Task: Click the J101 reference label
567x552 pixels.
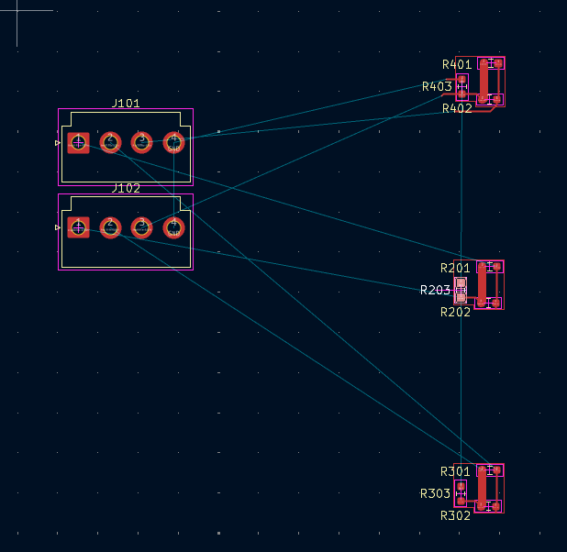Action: point(126,104)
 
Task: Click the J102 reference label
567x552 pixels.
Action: point(126,188)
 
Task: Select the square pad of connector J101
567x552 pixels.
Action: point(78,142)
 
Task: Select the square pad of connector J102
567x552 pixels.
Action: point(78,226)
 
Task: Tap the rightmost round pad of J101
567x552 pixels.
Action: point(173,142)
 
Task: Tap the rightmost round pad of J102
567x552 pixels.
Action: point(173,226)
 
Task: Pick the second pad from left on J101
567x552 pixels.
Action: point(110,142)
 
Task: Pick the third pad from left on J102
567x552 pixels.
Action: point(141,226)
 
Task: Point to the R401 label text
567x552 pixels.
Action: point(456,65)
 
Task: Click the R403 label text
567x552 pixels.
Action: point(436,87)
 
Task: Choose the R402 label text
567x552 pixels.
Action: point(456,109)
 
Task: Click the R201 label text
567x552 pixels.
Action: point(455,269)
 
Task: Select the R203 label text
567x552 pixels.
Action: point(435,291)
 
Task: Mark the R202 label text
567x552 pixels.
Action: point(455,313)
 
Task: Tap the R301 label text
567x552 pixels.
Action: point(455,472)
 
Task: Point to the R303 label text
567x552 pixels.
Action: point(435,494)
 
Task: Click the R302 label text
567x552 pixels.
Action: point(455,516)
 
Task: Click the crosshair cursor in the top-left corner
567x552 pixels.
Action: point(18,11)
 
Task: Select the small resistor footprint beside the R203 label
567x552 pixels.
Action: point(461,291)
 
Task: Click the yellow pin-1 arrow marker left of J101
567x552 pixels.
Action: point(58,143)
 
